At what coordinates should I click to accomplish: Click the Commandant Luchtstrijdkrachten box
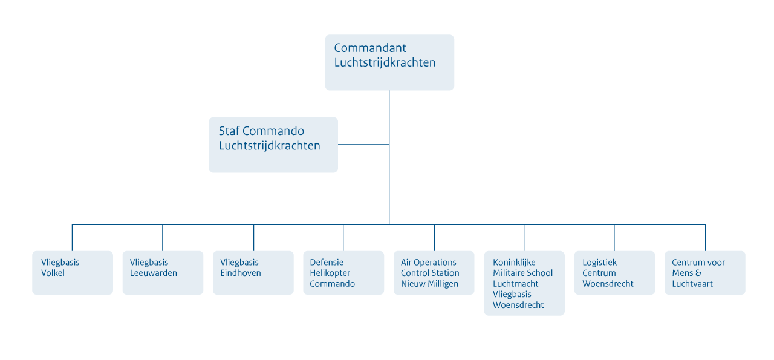point(389,62)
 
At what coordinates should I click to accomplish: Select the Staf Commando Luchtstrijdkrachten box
point(273,145)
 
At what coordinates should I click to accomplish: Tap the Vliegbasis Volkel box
point(73,272)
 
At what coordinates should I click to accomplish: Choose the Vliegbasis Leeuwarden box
point(163,272)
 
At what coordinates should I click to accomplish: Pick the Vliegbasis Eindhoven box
point(253,272)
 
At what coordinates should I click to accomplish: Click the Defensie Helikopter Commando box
point(343,272)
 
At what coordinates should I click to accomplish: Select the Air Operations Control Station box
point(434,272)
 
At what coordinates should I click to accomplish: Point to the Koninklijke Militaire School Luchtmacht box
point(524,283)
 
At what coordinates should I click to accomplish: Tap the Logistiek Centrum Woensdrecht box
point(615,272)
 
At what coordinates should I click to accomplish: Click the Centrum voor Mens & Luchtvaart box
point(705,272)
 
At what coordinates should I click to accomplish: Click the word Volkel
point(53,273)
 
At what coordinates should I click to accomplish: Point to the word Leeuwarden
point(154,273)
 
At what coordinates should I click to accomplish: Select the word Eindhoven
point(241,273)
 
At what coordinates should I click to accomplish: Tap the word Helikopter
point(330,273)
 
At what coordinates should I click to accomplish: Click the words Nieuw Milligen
point(429,284)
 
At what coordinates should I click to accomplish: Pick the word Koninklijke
point(514,263)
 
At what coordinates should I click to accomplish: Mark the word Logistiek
point(599,263)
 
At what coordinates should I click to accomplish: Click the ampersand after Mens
point(698,273)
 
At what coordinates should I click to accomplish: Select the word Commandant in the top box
point(370,48)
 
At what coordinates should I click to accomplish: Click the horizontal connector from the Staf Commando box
point(363,145)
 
